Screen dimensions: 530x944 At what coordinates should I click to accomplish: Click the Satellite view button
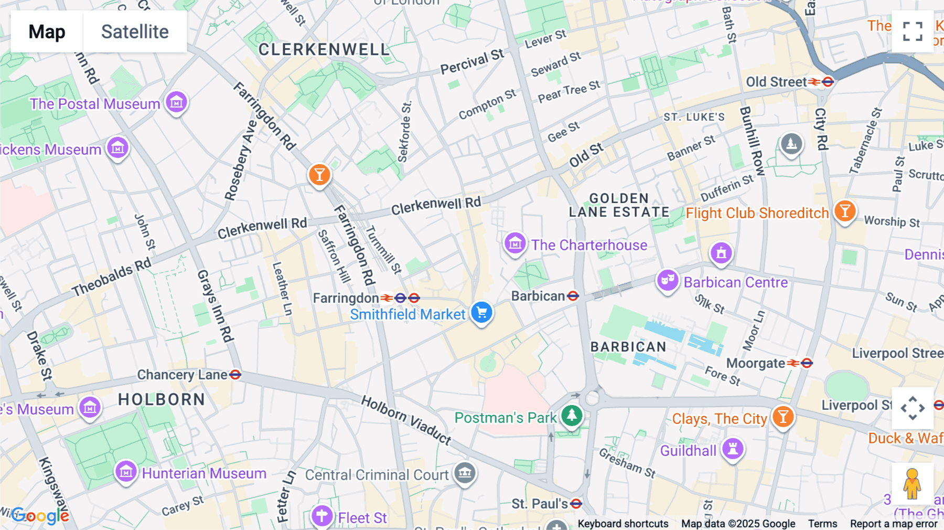tap(135, 31)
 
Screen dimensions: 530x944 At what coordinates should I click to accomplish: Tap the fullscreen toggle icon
tap(913, 31)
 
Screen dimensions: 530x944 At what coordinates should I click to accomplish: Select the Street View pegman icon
tap(912, 483)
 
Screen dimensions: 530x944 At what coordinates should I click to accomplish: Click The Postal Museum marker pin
tap(176, 102)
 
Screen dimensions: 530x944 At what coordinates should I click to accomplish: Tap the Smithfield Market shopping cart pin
tap(481, 313)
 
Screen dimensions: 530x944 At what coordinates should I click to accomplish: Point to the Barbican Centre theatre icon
tap(667, 281)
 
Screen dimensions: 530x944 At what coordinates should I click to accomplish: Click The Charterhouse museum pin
tap(514, 243)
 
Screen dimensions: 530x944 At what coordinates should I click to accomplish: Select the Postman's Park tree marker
tap(572, 416)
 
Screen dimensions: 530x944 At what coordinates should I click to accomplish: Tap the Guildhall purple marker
tap(733, 449)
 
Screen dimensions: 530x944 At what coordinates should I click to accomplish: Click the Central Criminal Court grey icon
tap(465, 473)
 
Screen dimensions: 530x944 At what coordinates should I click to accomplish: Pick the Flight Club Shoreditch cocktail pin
tap(844, 211)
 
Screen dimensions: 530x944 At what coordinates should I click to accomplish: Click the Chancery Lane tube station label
tap(183, 375)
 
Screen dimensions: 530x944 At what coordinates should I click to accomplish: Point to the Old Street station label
tap(776, 82)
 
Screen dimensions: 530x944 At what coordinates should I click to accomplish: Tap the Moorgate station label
tap(755, 363)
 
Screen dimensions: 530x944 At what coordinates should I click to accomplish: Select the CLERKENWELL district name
tap(324, 50)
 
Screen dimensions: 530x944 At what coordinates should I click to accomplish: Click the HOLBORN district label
tap(162, 399)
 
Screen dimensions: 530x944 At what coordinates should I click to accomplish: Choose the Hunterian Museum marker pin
tap(126, 472)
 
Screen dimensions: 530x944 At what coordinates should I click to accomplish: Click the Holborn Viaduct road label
tap(406, 420)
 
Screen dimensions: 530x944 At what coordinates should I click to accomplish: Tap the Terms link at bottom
tap(822, 524)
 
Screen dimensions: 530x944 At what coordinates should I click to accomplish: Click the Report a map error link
tap(894, 524)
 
